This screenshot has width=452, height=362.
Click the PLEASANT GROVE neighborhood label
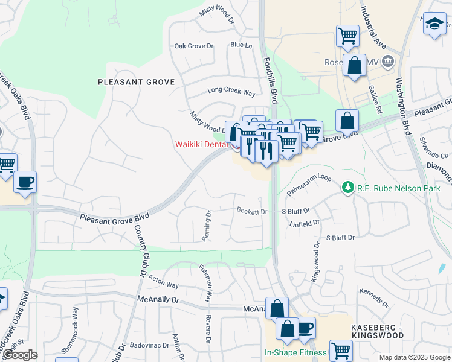coord(137,81)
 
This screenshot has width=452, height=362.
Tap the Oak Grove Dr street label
coord(194,46)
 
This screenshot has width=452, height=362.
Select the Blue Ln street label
coord(241,45)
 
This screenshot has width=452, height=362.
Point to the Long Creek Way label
coord(231,92)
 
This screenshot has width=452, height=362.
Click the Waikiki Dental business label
coord(202,144)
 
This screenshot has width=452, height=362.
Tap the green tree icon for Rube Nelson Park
coord(347,188)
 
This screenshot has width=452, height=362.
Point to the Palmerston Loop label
coord(309,185)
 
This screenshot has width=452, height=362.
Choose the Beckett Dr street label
coord(252,212)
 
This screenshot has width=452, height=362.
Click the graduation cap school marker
coord(434,24)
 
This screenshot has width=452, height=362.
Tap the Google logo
coord(20,355)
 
